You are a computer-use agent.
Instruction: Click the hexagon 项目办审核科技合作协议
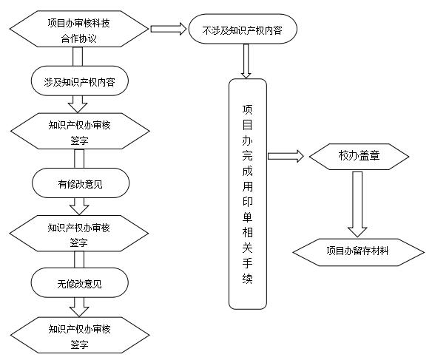coord(79,29)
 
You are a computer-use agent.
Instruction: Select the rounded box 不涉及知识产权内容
coord(243,29)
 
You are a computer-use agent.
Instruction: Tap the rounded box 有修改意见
coord(81,183)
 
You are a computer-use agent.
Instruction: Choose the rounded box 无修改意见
coord(79,282)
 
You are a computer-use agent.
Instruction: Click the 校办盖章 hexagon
coord(359,157)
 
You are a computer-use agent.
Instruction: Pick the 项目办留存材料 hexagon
coord(359,252)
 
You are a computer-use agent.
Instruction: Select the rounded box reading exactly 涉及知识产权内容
coord(79,81)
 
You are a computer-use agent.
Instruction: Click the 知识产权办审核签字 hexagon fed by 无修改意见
coord(80,335)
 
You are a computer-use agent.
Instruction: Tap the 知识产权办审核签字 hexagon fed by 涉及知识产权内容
coord(80,131)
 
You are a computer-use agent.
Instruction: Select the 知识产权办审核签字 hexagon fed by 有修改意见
coord(79,234)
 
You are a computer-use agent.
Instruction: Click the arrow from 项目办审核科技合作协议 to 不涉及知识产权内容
coord(169,29)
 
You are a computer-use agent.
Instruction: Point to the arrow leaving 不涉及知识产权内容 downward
coord(246,61)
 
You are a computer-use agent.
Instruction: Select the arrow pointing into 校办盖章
coord(286,156)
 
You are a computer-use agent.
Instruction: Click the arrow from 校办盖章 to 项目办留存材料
coord(357,204)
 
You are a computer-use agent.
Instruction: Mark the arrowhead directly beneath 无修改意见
coord(79,311)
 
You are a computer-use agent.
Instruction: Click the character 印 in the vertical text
coord(247,202)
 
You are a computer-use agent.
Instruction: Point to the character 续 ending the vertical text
coord(247,279)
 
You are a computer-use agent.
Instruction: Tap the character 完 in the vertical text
coord(247,155)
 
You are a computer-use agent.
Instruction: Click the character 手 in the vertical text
coord(247,263)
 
